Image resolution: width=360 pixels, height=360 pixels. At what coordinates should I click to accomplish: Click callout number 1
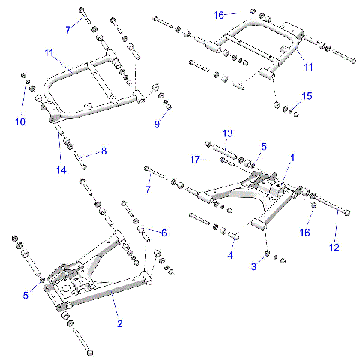pos(292,158)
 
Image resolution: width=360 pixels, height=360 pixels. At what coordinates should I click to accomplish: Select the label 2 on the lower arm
pos(118,323)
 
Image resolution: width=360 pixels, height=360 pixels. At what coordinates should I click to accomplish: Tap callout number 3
pos(254,266)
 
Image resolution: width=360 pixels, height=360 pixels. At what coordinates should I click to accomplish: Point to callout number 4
pos(231,255)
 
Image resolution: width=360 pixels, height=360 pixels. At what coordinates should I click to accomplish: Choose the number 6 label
pos(163,232)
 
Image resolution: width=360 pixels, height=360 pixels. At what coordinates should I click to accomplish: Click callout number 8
pos(103,151)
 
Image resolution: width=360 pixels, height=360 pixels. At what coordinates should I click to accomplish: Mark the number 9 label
pos(157,124)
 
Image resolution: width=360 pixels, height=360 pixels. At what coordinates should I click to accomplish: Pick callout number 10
pos(20,121)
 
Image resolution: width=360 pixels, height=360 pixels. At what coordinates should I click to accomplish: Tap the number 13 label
pos(227,133)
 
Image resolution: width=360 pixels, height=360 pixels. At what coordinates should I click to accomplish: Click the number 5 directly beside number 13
pos(263,146)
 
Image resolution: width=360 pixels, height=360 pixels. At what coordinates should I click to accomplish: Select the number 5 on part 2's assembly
pos(25,295)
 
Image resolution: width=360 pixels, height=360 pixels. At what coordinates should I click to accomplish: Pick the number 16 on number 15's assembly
pos(219,14)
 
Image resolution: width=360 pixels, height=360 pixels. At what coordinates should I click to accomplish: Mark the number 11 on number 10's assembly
pos(49,53)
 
